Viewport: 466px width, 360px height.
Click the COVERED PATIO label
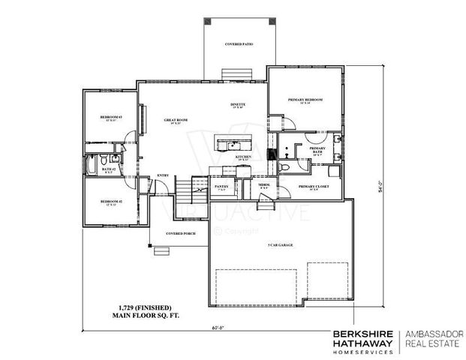[x=239, y=44]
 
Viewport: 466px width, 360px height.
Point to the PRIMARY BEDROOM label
[x=305, y=100]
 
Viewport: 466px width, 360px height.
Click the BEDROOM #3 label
[x=111, y=118]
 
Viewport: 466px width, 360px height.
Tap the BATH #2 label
[x=107, y=169]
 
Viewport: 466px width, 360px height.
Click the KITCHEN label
[x=243, y=157]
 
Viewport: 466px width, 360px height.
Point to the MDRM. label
[x=264, y=185]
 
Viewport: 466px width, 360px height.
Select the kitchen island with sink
[x=232, y=142]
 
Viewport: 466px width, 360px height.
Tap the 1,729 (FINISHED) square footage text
[x=145, y=307]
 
